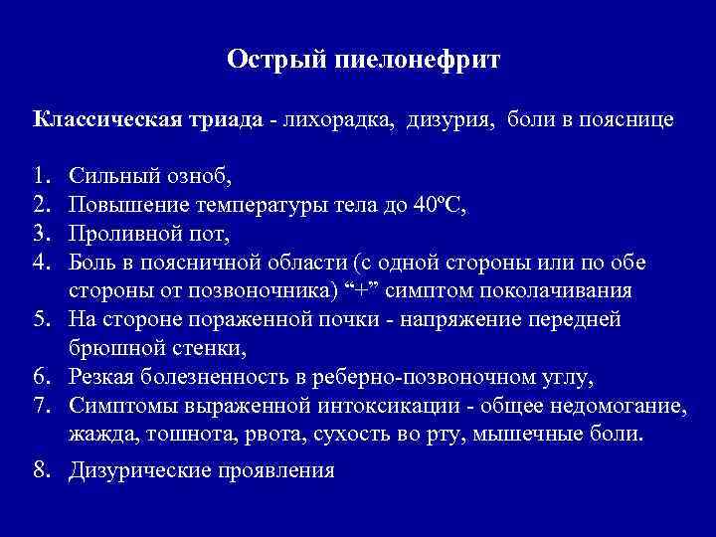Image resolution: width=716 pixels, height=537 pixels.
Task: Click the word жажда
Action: (x=99, y=435)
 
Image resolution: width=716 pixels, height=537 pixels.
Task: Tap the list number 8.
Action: (x=41, y=468)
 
